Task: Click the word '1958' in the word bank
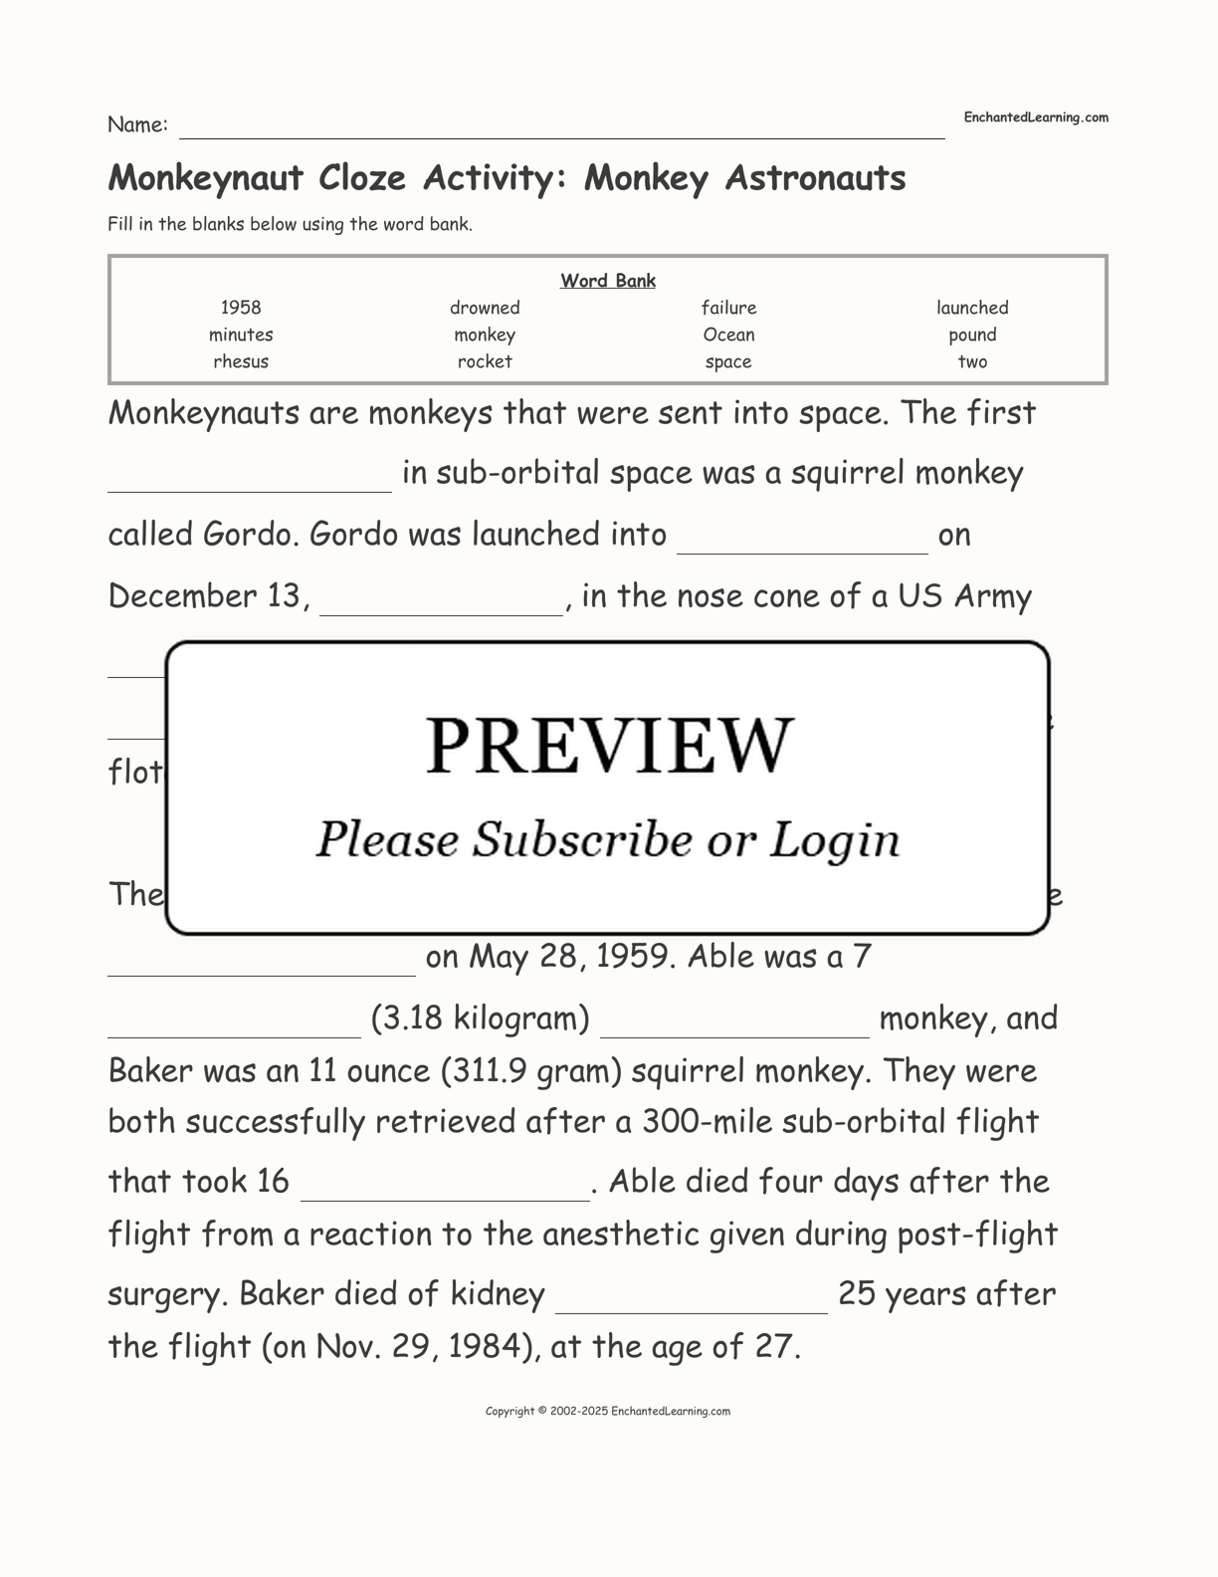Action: (241, 308)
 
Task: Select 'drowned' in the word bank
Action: (485, 308)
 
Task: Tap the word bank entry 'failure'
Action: (728, 308)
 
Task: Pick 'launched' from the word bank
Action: (972, 308)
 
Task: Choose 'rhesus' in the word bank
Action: (241, 361)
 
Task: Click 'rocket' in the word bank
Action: (485, 361)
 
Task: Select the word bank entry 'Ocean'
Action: (728, 335)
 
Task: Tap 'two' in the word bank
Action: (972, 361)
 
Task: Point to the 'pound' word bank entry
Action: (972, 335)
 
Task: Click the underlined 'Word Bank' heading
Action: (608, 281)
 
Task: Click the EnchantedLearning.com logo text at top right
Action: (1036, 117)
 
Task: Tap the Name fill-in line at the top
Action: (561, 129)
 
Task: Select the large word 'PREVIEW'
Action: (609, 745)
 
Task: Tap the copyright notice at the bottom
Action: (608, 1411)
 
